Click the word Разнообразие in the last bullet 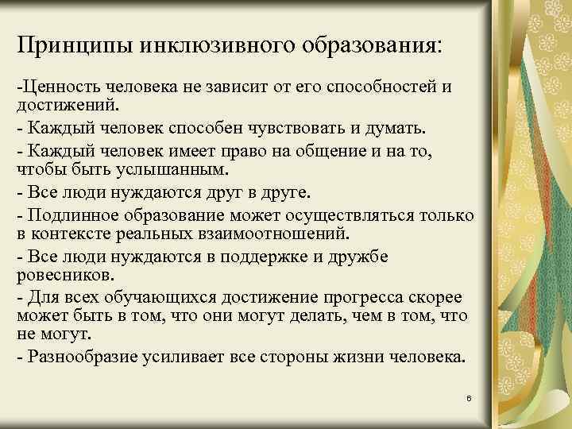(x=83, y=355)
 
